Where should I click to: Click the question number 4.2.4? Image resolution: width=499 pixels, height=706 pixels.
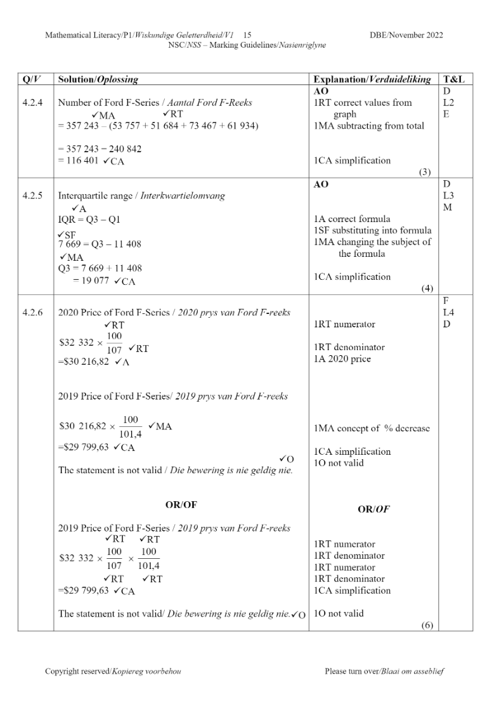31,103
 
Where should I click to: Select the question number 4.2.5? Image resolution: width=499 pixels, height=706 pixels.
31,196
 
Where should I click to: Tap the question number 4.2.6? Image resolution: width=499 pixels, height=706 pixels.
31,313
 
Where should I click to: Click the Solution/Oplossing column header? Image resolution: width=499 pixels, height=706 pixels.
98,80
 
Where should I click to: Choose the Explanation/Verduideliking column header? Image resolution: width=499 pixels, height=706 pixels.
372,80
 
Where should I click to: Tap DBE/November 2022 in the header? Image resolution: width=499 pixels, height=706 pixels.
406,35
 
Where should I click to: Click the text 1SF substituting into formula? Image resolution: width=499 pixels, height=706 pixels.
372,230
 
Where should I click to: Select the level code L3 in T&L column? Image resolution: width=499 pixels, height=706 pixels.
448,196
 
